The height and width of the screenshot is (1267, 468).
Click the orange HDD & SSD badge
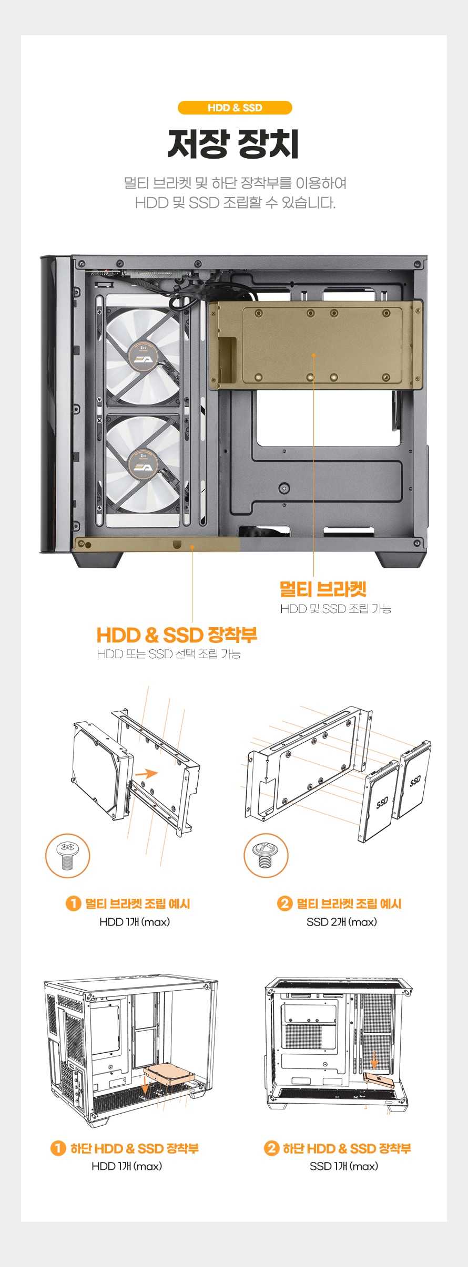235,108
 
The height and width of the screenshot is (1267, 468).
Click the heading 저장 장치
233,144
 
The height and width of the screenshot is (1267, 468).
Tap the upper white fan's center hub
143,358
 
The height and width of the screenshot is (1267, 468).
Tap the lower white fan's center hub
143,466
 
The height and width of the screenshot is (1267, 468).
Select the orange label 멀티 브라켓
323,589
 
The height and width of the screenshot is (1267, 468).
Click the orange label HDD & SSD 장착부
177,635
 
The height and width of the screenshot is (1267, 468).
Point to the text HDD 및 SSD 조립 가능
335,609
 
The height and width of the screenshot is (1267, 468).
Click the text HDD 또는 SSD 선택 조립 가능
169,654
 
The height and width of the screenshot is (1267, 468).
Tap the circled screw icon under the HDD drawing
67,856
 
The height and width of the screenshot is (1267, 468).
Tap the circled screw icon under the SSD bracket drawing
266,856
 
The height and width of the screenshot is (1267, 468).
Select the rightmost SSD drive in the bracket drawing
415,780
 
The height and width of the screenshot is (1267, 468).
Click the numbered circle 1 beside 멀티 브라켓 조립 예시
73,903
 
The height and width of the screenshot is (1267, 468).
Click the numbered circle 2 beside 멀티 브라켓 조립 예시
284,903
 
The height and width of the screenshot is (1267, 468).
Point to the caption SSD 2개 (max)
342,922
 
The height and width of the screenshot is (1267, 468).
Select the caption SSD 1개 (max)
344,1166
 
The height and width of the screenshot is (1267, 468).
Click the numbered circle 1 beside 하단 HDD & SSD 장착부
58,1148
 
